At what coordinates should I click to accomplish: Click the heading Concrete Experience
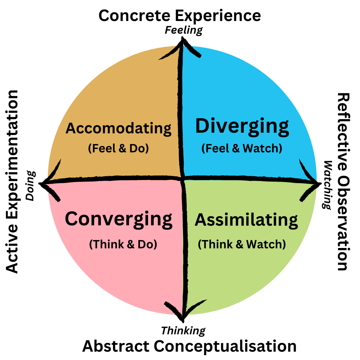click(180, 16)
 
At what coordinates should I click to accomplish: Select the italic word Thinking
click(183, 331)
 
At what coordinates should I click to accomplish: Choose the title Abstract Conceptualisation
click(189, 346)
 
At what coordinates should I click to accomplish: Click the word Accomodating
click(118, 128)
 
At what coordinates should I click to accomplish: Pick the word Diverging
click(242, 127)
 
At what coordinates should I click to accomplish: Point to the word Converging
click(118, 219)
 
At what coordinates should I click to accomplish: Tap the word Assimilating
click(246, 220)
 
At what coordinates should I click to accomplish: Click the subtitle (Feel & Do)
click(118, 148)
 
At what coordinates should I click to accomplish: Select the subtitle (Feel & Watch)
click(242, 148)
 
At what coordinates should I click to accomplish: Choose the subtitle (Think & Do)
click(123, 244)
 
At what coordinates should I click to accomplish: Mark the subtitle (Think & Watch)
click(242, 244)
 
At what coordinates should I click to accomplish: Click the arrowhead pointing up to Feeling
click(182, 43)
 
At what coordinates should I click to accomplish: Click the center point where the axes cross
click(183, 179)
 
